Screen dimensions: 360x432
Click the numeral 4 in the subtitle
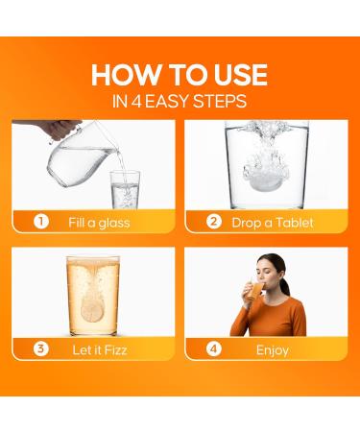(x=136, y=101)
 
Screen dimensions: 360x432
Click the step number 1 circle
(x=41, y=222)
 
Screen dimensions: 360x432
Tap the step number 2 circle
(x=214, y=222)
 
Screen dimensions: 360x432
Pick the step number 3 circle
(x=41, y=348)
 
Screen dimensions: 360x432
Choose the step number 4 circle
(x=214, y=348)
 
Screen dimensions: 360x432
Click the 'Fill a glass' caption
(x=99, y=223)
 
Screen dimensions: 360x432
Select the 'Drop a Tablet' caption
(x=273, y=223)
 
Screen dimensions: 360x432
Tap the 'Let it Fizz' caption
(x=100, y=349)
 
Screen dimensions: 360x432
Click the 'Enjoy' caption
(x=273, y=350)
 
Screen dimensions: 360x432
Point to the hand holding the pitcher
(x=60, y=129)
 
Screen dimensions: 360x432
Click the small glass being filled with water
(x=125, y=190)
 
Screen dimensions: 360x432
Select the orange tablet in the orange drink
(x=92, y=310)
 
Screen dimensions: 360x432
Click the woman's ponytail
(x=283, y=281)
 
